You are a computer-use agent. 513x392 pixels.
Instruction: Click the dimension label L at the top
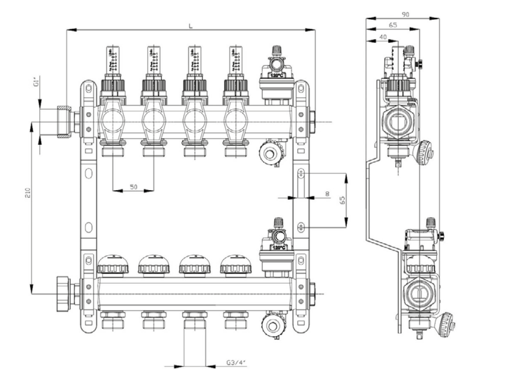(x=190, y=26)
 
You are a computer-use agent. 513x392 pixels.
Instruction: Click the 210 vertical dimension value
(x=28, y=193)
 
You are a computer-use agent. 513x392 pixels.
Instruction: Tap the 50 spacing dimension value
(x=134, y=186)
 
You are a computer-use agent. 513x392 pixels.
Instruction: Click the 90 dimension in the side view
(x=405, y=15)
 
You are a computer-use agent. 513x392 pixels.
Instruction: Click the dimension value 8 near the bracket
(x=327, y=193)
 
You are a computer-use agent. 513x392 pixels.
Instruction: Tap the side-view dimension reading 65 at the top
(x=392, y=25)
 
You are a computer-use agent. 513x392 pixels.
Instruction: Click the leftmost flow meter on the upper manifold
(x=113, y=62)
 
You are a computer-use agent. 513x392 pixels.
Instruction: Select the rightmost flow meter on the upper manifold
(x=236, y=62)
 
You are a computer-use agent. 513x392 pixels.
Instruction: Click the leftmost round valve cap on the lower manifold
(x=113, y=265)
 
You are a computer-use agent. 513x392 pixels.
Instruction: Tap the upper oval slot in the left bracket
(x=89, y=174)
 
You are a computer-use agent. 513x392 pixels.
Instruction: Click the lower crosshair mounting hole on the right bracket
(x=301, y=226)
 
